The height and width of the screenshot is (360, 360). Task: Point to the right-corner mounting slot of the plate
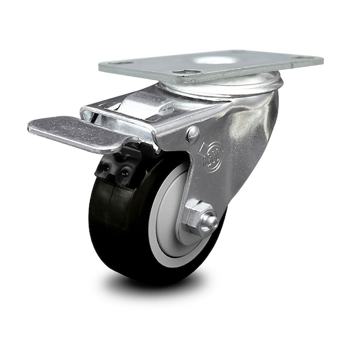click(298, 58)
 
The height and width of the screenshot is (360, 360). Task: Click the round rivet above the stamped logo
click(193, 134)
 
